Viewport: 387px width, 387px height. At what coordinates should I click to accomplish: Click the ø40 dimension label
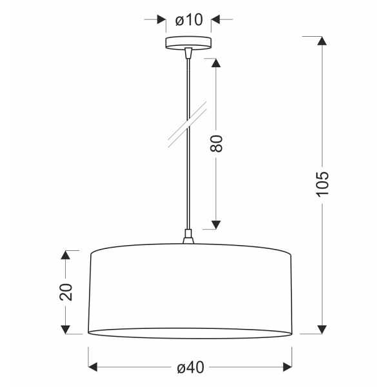click(x=190, y=368)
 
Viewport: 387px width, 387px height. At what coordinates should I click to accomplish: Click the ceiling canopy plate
click(x=188, y=43)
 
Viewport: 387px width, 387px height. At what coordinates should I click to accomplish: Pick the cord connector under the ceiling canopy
click(x=188, y=54)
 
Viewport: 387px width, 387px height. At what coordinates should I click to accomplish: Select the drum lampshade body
click(x=190, y=290)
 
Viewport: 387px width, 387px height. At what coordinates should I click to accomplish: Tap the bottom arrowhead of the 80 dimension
click(x=216, y=224)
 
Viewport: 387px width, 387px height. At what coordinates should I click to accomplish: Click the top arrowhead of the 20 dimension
click(x=65, y=255)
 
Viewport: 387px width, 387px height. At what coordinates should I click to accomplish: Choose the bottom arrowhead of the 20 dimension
click(x=65, y=329)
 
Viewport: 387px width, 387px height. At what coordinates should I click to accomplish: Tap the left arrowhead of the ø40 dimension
click(x=92, y=367)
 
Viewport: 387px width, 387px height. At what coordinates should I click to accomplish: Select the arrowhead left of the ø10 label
click(x=161, y=19)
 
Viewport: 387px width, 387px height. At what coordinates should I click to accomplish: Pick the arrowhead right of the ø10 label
click(x=217, y=19)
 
